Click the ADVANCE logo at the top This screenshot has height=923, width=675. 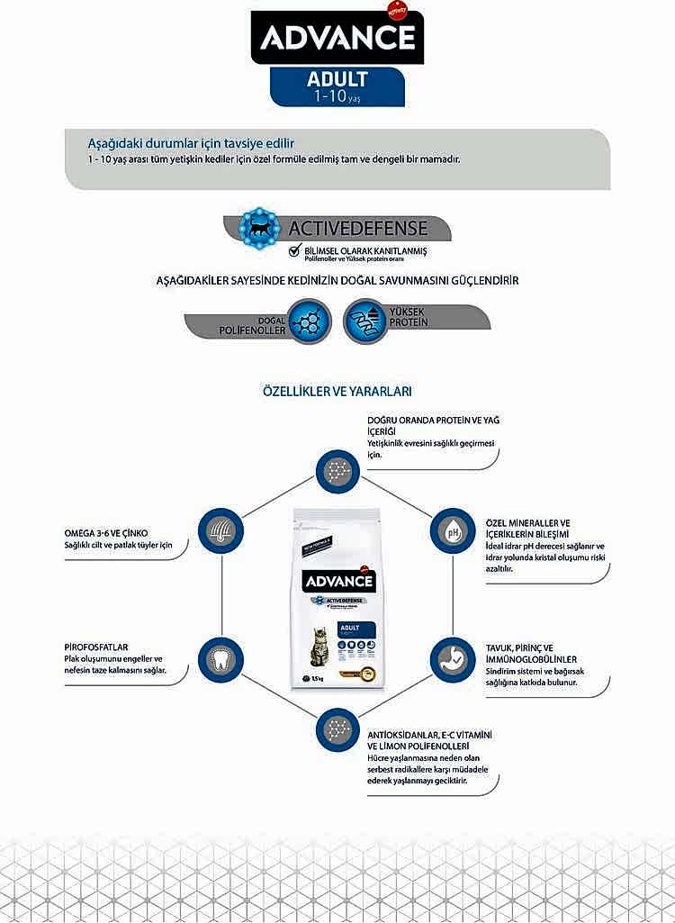(337, 37)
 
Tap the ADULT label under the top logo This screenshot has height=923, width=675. (337, 79)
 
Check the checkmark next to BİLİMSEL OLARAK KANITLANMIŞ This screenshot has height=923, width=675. (294, 252)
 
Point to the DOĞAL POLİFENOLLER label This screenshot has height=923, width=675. (258, 326)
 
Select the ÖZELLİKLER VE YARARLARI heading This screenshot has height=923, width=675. (337, 392)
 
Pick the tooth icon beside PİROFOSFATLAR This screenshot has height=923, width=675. (220, 659)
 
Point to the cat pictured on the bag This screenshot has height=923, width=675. (319, 647)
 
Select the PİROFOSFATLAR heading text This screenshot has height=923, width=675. (90, 647)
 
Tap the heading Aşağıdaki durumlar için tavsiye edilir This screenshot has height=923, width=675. (191, 143)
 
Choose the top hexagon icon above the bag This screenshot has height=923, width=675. (337, 470)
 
